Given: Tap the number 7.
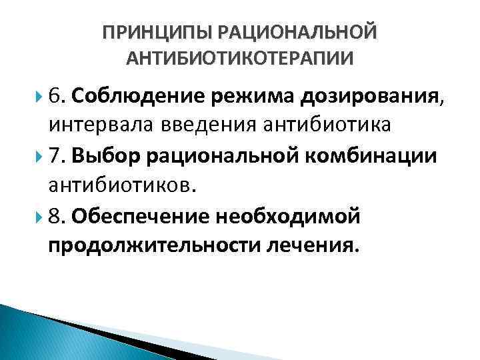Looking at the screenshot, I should click(55, 156).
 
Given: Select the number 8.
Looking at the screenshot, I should click(55, 216).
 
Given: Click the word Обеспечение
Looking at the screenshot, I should click(142, 217).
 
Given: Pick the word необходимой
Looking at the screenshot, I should click(289, 217).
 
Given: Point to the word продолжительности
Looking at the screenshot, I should click(155, 247).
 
